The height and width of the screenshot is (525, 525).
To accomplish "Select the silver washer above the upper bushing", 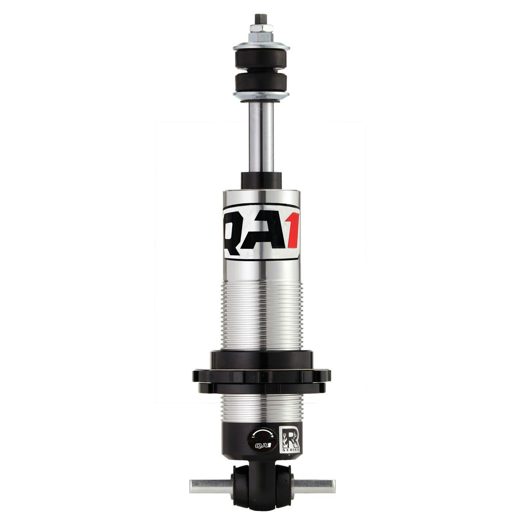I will coord(261,47).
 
